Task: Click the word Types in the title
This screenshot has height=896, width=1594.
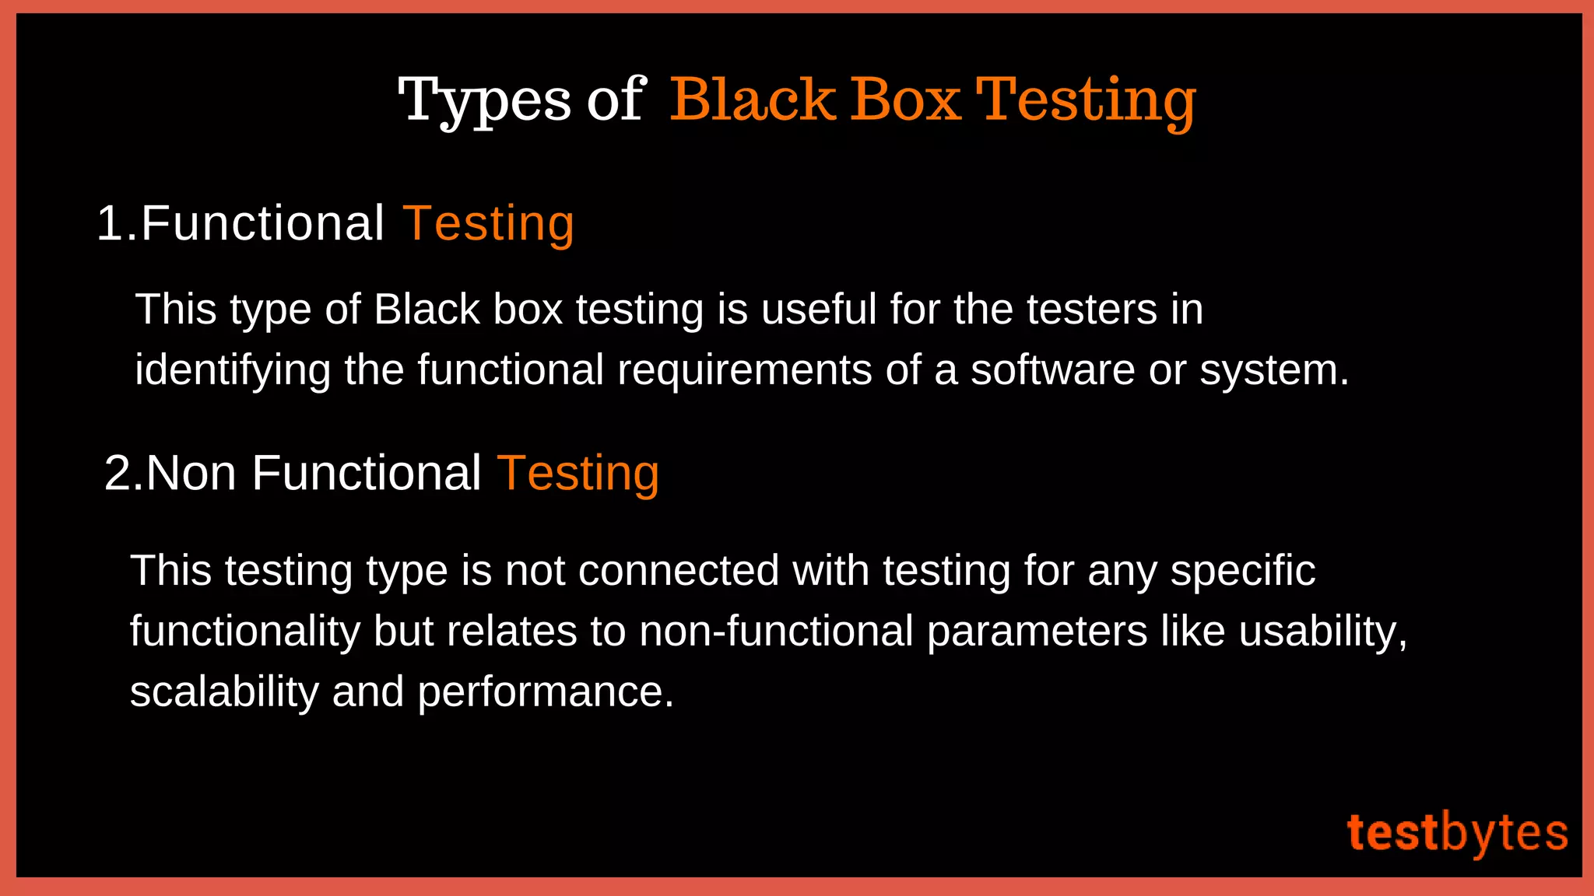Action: pyautogui.click(x=484, y=101)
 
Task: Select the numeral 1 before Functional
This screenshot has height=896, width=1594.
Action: pyautogui.click(x=110, y=224)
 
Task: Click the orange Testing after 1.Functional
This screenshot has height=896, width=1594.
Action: pyautogui.click(x=489, y=224)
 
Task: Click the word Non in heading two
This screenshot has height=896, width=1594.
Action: pyautogui.click(x=191, y=473)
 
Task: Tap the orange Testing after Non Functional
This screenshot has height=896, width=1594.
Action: pyautogui.click(x=578, y=473)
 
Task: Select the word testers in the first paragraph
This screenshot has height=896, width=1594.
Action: pyautogui.click(x=1091, y=309)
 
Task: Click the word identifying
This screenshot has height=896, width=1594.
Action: pyautogui.click(x=233, y=369)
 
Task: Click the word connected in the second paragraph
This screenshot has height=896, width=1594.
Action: pyautogui.click(x=678, y=570)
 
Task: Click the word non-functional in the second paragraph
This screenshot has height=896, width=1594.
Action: pyautogui.click(x=776, y=631)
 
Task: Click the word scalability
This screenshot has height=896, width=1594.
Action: pyautogui.click(x=224, y=691)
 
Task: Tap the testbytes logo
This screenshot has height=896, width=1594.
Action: pyautogui.click(x=1457, y=833)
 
